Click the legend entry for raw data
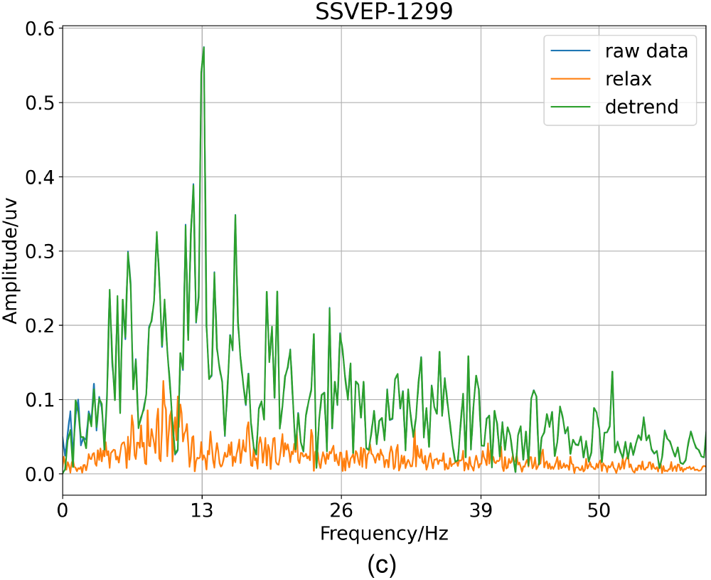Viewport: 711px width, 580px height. (646, 51)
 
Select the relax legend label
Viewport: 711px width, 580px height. (628, 79)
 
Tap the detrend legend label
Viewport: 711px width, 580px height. (641, 107)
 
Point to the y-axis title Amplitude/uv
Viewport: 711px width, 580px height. (11, 251)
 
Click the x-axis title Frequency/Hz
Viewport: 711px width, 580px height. (384, 533)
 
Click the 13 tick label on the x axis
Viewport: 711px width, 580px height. (202, 512)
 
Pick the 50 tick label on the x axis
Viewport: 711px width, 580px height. (599, 512)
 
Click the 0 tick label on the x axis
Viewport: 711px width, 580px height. (63, 512)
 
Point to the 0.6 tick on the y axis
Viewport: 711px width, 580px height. (41, 28)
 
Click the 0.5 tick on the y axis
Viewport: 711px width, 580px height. (41, 102)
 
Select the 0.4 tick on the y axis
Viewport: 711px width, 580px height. (41, 176)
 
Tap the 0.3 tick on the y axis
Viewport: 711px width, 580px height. (41, 251)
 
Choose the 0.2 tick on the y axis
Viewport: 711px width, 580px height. (41, 325)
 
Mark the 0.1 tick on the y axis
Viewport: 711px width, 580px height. (41, 399)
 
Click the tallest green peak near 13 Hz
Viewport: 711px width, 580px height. (203, 48)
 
